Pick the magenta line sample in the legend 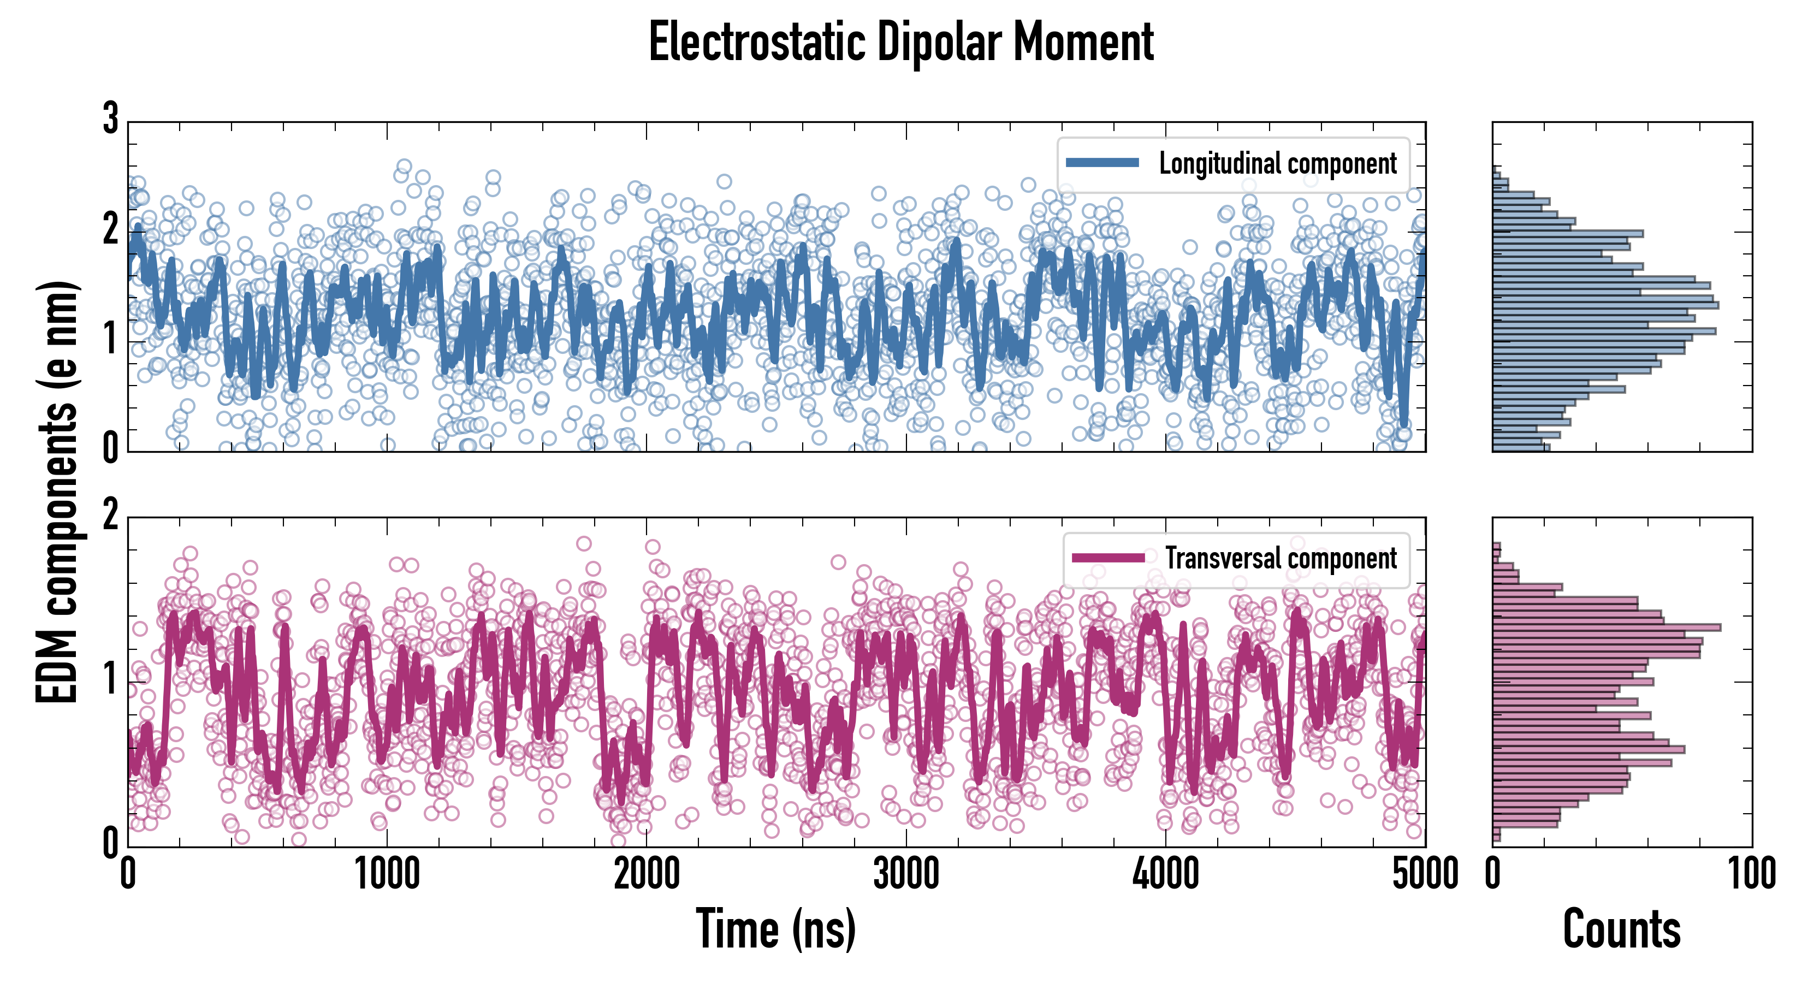tap(1108, 558)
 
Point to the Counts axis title tap(1621, 928)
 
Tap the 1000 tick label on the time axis tap(387, 874)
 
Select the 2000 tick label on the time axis tap(647, 874)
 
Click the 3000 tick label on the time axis tap(906, 874)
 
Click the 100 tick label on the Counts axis tap(1752, 874)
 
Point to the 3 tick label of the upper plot tap(110, 119)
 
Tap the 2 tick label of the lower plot tap(110, 516)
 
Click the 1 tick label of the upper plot tap(110, 339)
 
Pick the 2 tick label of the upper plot tap(110, 229)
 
